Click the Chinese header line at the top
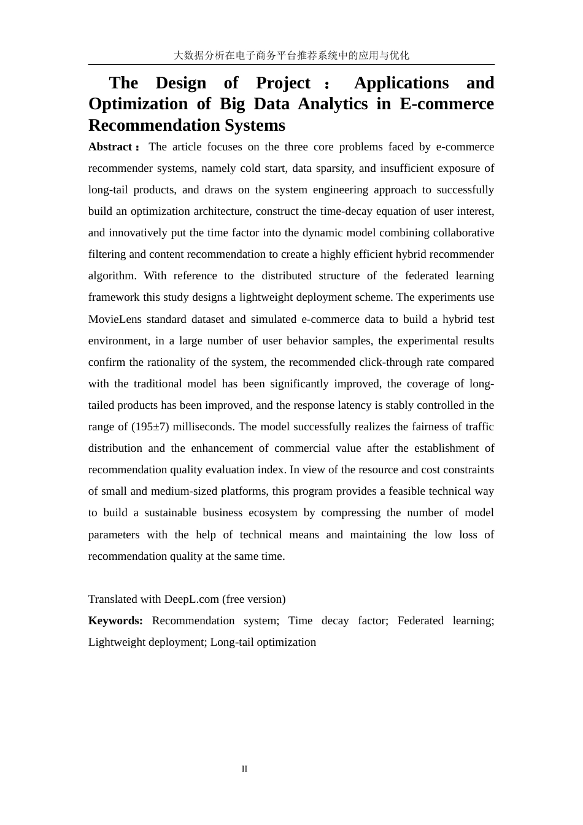[x=291, y=55]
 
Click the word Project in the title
[x=283, y=83]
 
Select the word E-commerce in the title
[x=446, y=104]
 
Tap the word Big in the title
[x=232, y=104]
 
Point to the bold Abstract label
[x=110, y=147]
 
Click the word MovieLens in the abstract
[x=114, y=319]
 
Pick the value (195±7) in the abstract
[x=150, y=427]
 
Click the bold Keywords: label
[x=115, y=621]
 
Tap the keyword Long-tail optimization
[x=263, y=642]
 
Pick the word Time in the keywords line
[x=300, y=621]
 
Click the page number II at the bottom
[x=244, y=769]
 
